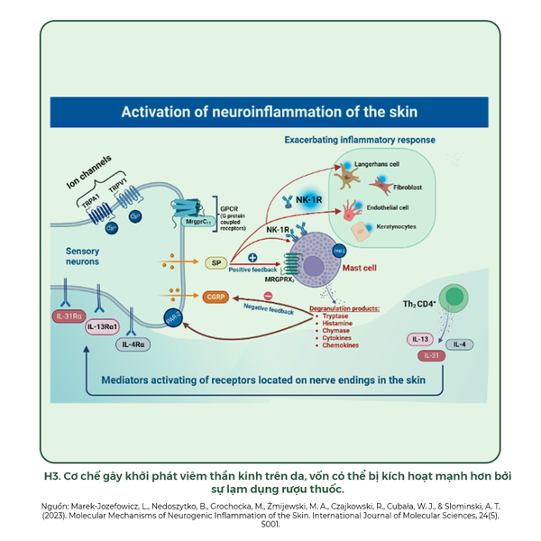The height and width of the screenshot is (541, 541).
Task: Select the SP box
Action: click(x=215, y=262)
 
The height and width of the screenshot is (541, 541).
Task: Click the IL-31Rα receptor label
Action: click(x=69, y=316)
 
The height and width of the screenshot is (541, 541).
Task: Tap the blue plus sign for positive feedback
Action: click(x=252, y=258)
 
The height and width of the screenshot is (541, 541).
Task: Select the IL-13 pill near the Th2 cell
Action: click(x=421, y=340)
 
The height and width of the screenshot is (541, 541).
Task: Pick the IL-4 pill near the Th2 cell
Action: click(x=459, y=344)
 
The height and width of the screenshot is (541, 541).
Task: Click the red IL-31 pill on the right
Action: click(x=431, y=355)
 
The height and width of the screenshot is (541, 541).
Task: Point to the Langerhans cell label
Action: click(x=379, y=166)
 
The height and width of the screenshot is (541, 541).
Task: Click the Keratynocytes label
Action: click(x=399, y=227)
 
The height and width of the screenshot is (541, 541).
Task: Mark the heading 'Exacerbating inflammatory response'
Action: click(x=360, y=141)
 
